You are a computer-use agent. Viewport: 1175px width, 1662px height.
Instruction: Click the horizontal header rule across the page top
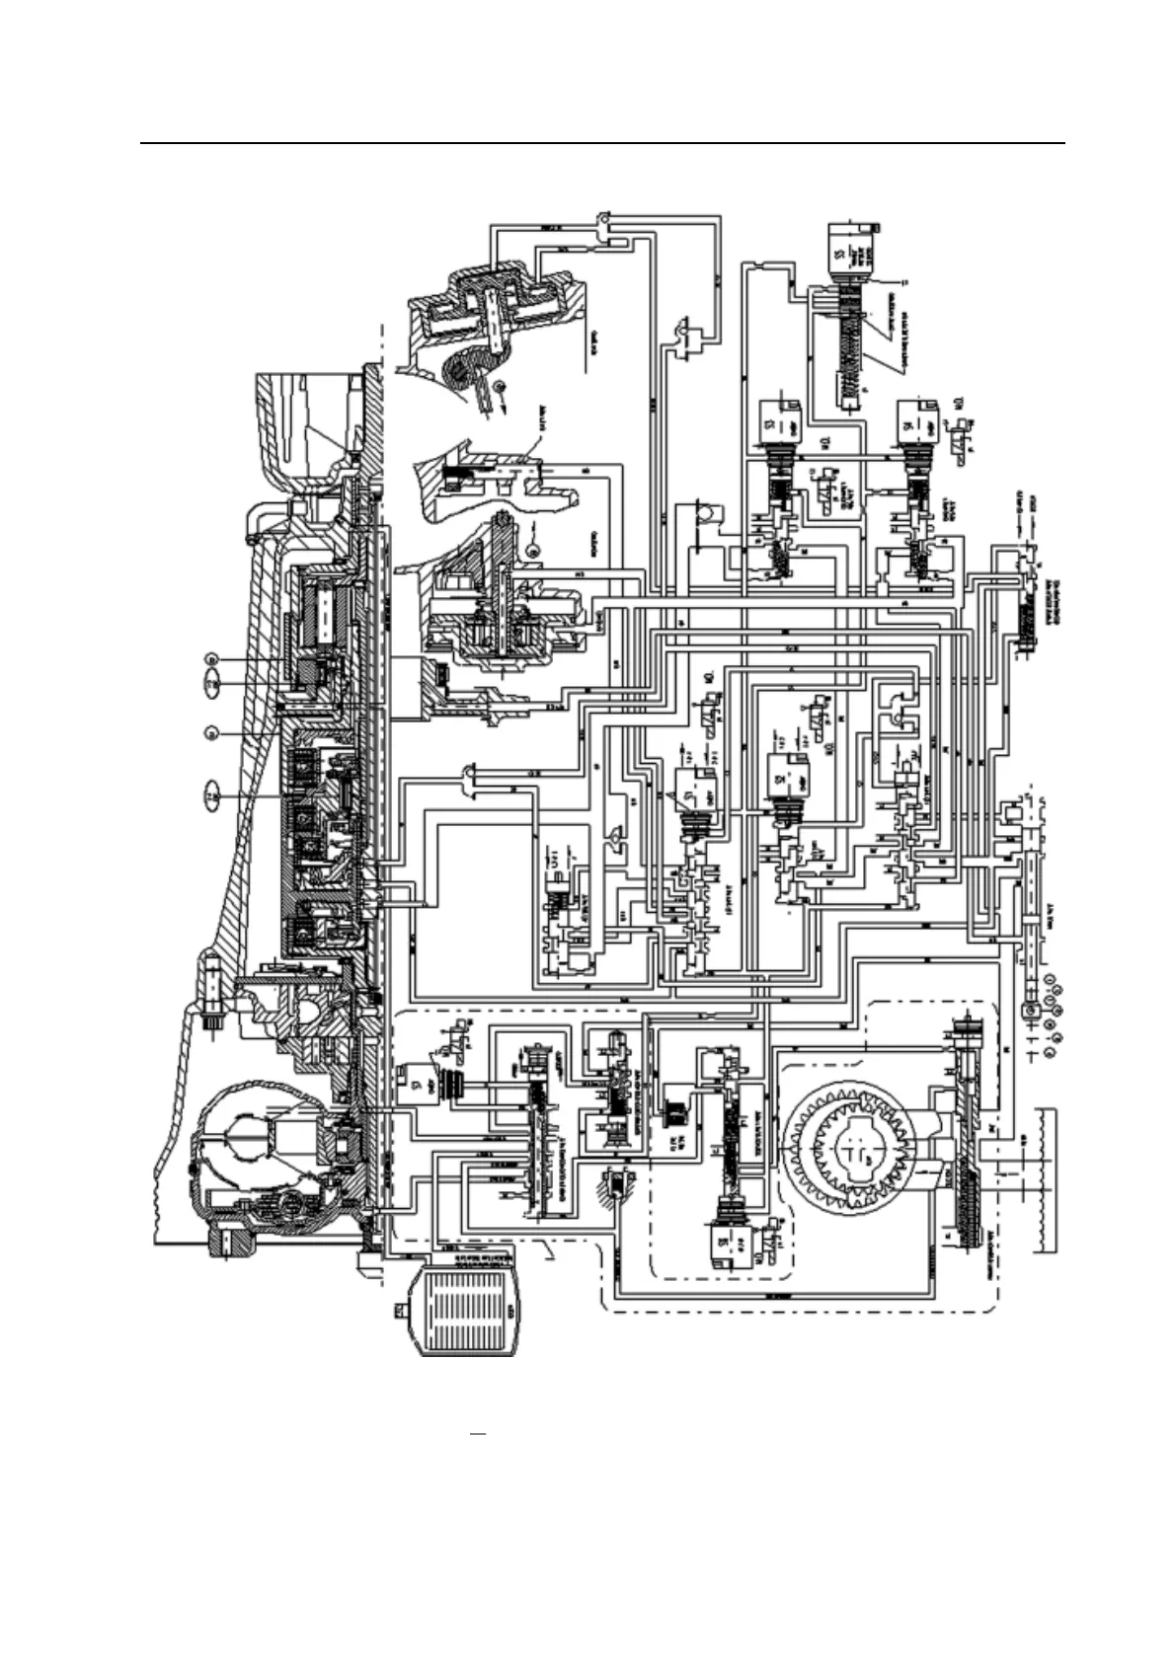(602, 144)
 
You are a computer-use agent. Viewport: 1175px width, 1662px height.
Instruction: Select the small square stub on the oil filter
(400, 1311)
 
